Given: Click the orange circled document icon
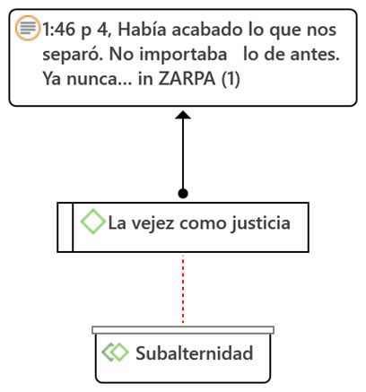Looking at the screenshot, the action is (27, 28).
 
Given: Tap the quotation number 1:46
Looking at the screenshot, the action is (59, 30).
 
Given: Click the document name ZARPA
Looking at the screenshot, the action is (187, 79).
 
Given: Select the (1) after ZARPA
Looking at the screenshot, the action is (231, 79).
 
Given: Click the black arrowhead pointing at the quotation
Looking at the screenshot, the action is (183, 115).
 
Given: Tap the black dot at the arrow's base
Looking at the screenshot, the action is (183, 194).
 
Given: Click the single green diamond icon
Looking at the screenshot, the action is (93, 222).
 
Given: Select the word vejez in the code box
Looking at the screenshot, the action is (152, 223).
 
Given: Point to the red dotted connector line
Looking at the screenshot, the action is (183, 289).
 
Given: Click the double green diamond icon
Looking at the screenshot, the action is (115, 352).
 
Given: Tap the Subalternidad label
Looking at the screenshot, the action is (195, 353).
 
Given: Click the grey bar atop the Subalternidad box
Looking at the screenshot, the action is (183, 330).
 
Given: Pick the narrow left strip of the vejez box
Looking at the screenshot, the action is (65, 227).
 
